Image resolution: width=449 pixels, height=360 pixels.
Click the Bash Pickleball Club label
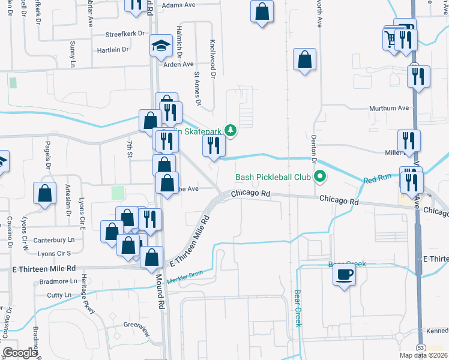(x=273, y=177)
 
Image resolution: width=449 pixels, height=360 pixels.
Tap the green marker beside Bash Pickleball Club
(x=320, y=177)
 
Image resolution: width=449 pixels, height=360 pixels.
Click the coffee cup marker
(x=345, y=274)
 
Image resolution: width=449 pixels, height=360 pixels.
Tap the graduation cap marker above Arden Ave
(x=161, y=46)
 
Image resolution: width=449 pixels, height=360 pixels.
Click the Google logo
(x=20, y=353)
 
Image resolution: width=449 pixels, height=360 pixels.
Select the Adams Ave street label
(x=179, y=5)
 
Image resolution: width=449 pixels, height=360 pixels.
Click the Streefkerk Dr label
(x=125, y=34)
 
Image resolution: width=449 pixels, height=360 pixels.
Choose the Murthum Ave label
(x=388, y=109)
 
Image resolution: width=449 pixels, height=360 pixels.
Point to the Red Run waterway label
(x=376, y=180)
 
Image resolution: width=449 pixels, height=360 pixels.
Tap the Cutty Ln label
(x=59, y=295)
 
